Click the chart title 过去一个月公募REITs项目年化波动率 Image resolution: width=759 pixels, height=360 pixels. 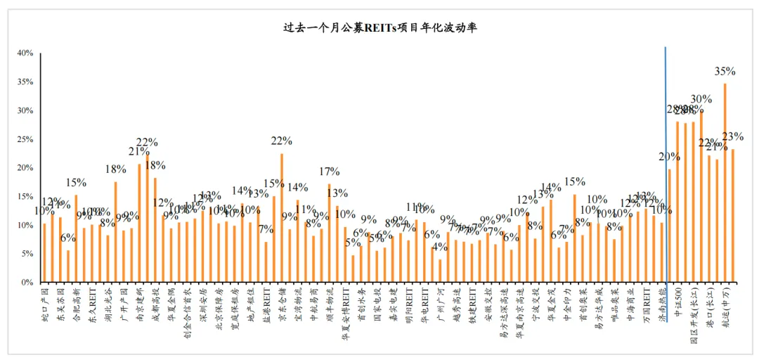379,27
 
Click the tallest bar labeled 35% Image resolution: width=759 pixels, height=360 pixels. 725,183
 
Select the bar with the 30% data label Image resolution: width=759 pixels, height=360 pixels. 701,197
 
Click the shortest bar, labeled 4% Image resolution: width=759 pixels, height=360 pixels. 441,271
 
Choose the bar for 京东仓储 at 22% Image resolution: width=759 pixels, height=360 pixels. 281,218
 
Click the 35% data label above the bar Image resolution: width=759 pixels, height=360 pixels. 725,71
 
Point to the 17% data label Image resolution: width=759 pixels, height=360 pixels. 329,172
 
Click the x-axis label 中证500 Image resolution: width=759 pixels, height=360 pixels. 677,300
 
